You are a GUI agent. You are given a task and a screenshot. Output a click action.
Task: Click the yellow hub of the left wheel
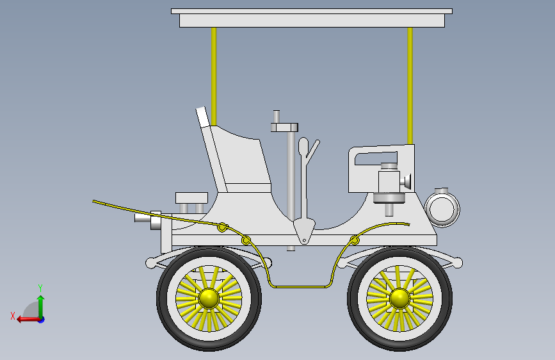click(209, 298)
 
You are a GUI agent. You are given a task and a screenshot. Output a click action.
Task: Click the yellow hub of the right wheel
click(399, 298)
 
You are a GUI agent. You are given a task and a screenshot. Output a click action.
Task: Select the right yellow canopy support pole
click(410, 83)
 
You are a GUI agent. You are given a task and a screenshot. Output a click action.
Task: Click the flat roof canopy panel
click(312, 19)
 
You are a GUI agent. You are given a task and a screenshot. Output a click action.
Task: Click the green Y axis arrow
click(40, 304)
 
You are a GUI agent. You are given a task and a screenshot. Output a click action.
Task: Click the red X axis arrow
click(26, 318)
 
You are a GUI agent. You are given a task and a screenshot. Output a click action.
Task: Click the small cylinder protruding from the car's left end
click(142, 218)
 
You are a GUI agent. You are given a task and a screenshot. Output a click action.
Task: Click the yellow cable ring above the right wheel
click(354, 241)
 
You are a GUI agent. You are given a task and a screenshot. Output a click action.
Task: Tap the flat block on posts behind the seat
click(191, 197)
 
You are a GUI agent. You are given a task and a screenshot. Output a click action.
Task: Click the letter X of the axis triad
click(12, 315)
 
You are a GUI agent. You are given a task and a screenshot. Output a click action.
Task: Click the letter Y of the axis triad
click(40, 288)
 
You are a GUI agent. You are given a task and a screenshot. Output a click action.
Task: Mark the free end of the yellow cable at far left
click(94, 201)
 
